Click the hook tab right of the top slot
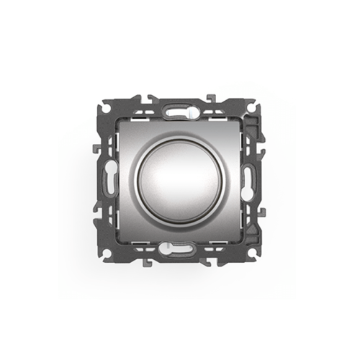pyautogui.click(x=210, y=98)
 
